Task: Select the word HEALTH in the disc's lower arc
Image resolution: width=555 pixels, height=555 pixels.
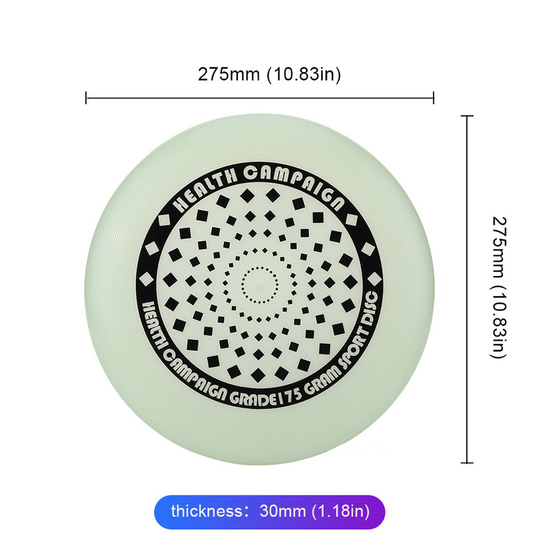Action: (153, 325)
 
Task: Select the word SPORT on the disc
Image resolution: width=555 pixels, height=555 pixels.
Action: (353, 348)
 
